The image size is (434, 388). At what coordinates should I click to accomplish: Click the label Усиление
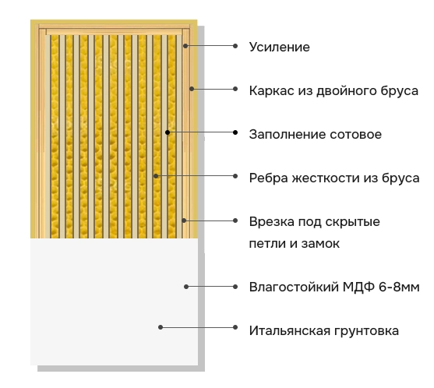[279, 48]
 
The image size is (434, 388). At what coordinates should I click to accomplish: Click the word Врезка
[271, 222]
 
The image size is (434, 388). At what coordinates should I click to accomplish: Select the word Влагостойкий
[294, 287]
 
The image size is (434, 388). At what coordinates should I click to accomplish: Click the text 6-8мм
[399, 287]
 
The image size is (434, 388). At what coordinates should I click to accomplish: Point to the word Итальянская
[288, 330]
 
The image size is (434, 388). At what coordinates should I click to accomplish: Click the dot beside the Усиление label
[235, 46]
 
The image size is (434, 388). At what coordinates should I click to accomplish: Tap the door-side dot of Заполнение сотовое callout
[168, 132]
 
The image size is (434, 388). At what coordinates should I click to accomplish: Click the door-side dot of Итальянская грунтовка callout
[161, 327]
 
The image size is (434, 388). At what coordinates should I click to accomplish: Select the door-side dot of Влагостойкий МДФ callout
[186, 287]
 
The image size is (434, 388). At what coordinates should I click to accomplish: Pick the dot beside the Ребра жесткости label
[235, 176]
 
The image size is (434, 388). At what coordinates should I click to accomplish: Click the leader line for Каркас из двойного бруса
[213, 89]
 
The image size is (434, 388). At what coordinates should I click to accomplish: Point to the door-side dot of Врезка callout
[184, 220]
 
